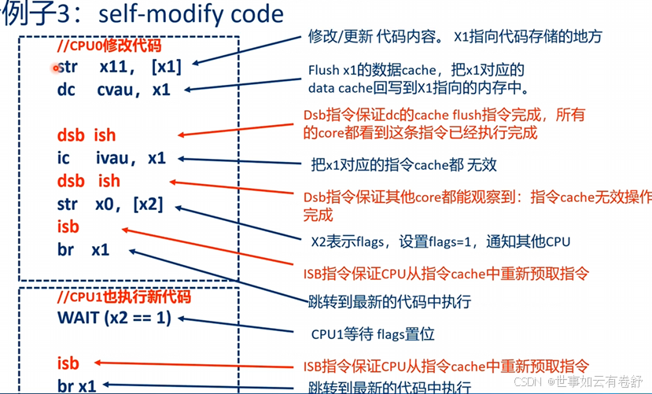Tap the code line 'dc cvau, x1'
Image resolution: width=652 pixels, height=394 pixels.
point(113,90)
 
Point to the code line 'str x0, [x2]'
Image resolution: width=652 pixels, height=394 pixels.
point(110,204)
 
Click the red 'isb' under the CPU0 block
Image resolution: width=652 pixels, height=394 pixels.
point(68,227)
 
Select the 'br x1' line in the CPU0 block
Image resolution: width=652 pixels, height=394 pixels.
point(83,250)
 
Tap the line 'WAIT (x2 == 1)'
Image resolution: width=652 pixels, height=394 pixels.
point(114,319)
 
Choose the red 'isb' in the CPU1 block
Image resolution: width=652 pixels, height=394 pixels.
point(68,363)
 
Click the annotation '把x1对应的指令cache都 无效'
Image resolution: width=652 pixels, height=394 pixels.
point(403,165)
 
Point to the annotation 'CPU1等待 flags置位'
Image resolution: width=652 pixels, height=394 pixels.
point(373,334)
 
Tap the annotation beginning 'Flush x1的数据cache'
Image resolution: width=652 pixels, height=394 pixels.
point(417,79)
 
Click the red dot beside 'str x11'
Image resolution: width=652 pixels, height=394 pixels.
point(56,68)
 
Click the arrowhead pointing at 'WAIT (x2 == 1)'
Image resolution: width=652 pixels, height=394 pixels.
point(182,319)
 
